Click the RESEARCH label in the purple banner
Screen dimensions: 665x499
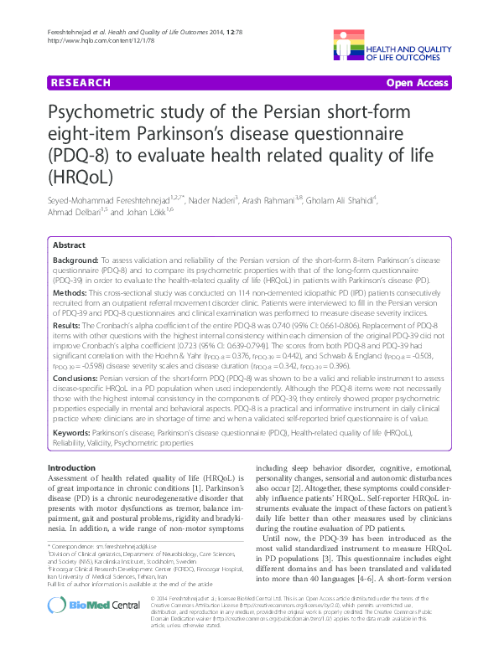[80, 83]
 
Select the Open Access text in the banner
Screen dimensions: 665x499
[417, 83]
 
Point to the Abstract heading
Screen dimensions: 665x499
[69, 245]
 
